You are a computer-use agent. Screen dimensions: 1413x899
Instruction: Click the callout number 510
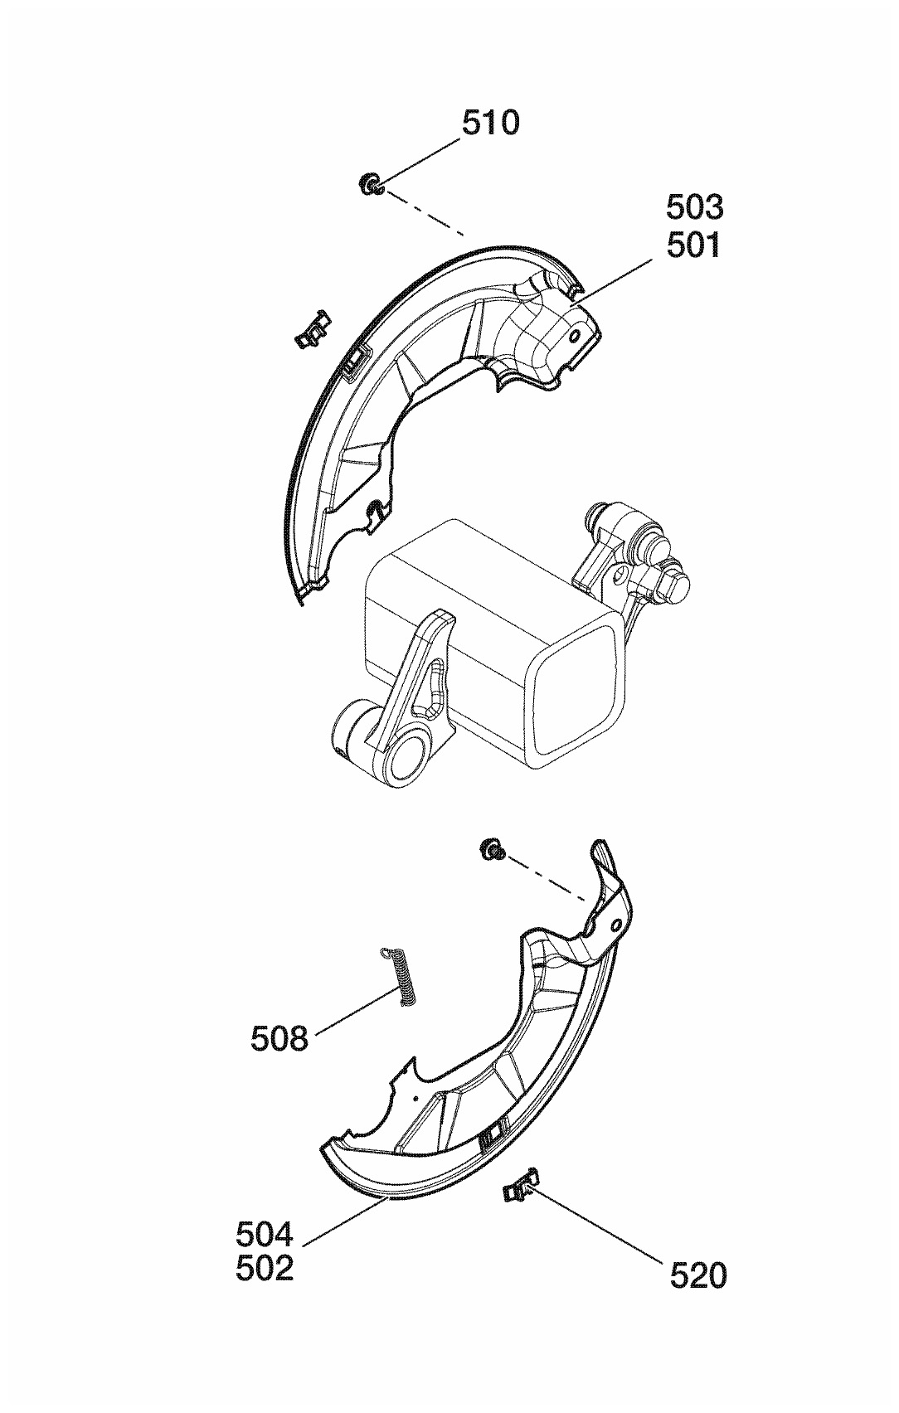coord(490,123)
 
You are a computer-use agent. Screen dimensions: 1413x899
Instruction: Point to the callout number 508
coord(279,1037)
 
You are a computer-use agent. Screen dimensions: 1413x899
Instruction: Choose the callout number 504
coord(265,1235)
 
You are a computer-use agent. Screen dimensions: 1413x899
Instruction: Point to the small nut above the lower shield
coord(493,848)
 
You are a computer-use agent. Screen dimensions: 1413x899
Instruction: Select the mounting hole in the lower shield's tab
coord(615,925)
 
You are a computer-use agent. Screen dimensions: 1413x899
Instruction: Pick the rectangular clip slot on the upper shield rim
coord(355,360)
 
